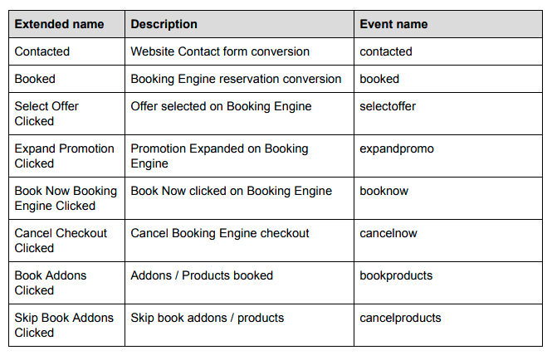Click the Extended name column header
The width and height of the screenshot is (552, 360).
tap(59, 24)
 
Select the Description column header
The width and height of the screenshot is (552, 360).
tap(164, 24)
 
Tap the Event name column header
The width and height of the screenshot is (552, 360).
tap(393, 24)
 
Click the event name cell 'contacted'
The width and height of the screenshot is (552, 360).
tap(386, 51)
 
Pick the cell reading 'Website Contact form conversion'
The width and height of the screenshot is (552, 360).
tap(220, 51)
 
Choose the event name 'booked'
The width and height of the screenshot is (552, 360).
tap(379, 79)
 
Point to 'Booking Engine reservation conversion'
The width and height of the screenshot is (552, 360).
tap(236, 79)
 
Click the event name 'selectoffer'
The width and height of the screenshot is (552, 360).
tap(388, 106)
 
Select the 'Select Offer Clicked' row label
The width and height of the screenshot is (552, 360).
tap(46, 114)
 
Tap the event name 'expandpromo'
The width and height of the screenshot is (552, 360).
tap(397, 148)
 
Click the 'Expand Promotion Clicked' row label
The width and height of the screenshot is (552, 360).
tap(65, 156)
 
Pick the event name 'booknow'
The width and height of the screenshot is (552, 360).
tap(384, 191)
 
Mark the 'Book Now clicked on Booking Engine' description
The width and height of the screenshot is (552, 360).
tap(232, 191)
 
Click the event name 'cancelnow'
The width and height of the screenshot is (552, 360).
tap(388, 233)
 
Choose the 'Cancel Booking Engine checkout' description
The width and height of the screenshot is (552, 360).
tap(220, 233)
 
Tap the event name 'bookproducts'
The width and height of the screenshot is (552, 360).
tap(396, 275)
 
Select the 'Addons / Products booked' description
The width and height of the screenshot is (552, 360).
tap(202, 275)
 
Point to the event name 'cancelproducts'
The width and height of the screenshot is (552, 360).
tap(400, 318)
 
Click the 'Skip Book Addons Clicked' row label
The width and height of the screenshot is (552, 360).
tap(64, 325)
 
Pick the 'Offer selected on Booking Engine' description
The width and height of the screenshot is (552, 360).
tap(221, 107)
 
